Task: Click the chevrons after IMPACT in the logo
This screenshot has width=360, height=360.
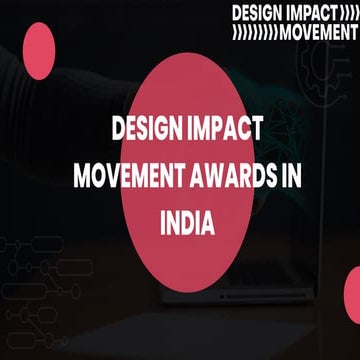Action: (x=346, y=14)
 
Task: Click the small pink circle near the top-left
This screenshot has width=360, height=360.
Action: (x=38, y=50)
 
